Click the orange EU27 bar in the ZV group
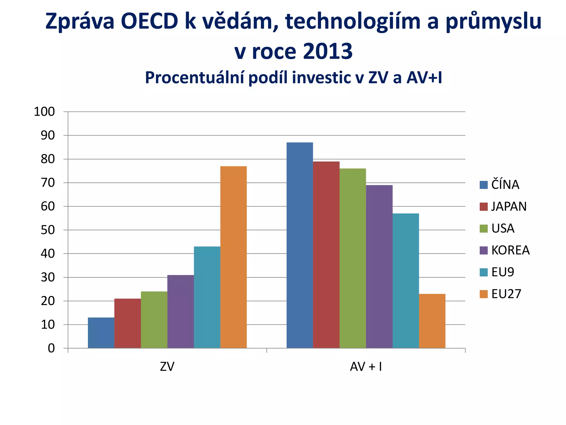(x=234, y=257)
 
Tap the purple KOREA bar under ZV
(x=180, y=312)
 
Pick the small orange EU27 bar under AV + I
(x=432, y=321)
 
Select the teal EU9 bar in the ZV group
(x=207, y=297)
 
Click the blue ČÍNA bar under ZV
(x=101, y=333)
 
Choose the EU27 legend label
(x=506, y=294)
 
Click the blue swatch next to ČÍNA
(x=484, y=185)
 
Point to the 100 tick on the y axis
(x=44, y=112)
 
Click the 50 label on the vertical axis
(x=48, y=230)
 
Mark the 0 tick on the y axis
(x=51, y=348)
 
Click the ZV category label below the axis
(x=167, y=367)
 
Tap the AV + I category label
(x=366, y=367)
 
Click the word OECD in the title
(x=149, y=22)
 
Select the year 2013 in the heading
(x=328, y=51)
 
